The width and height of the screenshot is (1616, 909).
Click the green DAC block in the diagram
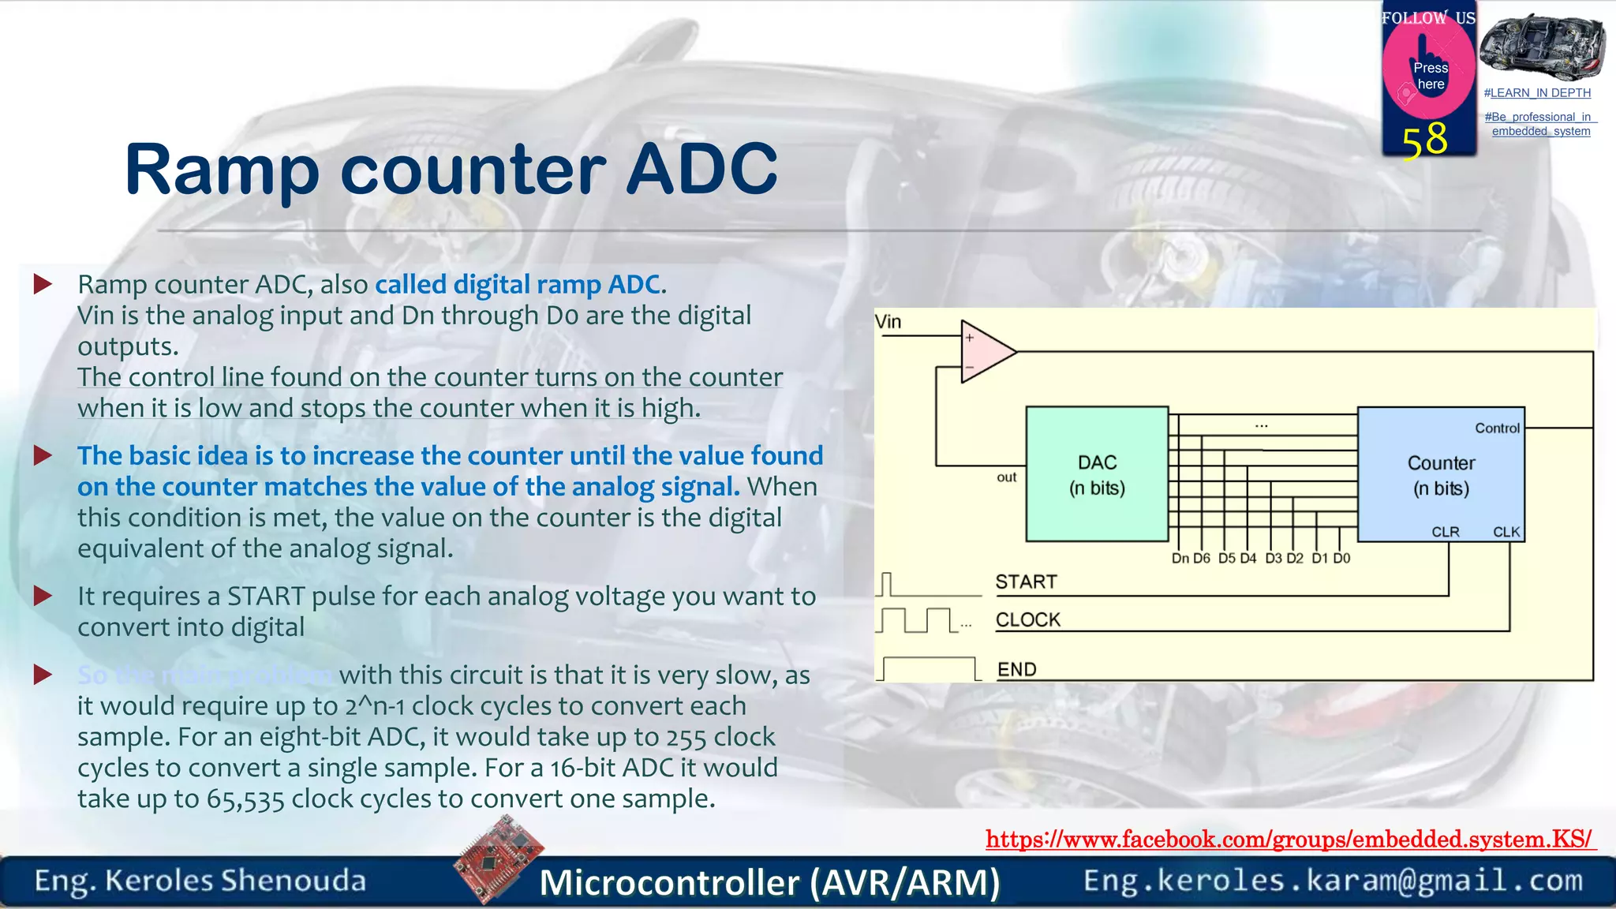tap(1097, 473)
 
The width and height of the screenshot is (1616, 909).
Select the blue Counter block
tap(1441, 474)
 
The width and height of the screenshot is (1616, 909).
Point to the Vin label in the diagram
tap(888, 322)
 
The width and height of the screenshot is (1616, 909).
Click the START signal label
tap(1026, 582)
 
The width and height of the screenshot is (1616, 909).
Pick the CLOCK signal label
tap(1027, 620)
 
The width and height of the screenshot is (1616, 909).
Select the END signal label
tap(1016, 670)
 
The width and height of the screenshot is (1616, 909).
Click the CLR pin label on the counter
tap(1445, 532)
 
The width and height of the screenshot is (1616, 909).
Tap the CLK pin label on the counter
tap(1506, 532)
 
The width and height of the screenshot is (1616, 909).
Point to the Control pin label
tap(1497, 428)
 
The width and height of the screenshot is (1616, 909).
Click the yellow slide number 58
tap(1424, 140)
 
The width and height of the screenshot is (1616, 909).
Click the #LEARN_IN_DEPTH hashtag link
tap(1537, 93)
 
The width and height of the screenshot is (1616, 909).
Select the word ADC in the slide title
tap(701, 169)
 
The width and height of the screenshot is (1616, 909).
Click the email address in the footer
tap(1333, 881)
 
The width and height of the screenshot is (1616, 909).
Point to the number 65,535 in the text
tap(245, 799)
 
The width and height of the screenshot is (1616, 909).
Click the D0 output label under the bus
tap(1341, 559)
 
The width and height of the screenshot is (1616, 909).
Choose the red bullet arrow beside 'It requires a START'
tap(43, 597)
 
